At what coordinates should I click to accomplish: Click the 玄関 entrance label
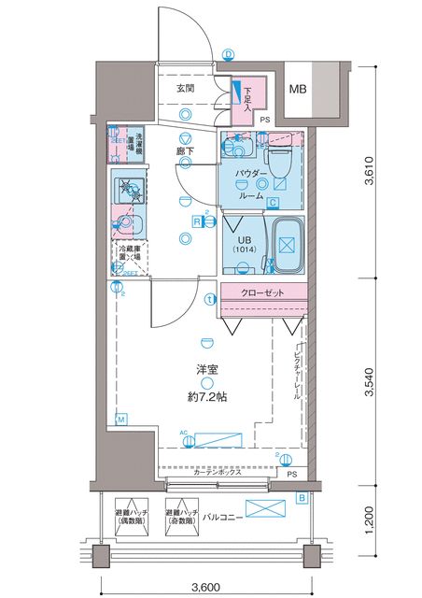[184, 90]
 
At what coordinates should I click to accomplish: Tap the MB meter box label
[297, 90]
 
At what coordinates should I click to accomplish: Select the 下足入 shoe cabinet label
[248, 96]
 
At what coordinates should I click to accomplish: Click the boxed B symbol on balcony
[302, 497]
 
